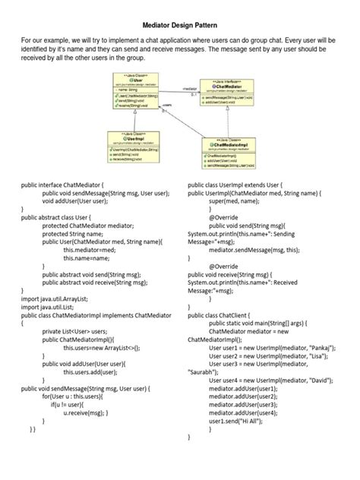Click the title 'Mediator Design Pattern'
[x=180, y=24]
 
